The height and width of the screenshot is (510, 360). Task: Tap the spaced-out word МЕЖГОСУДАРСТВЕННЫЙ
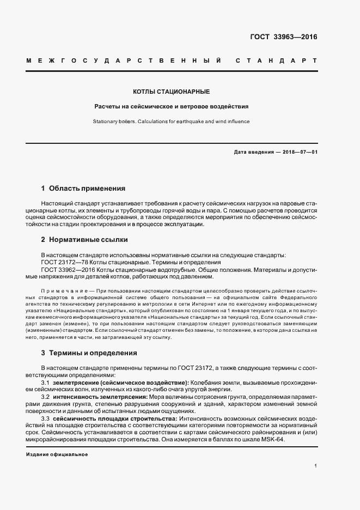tap(123, 60)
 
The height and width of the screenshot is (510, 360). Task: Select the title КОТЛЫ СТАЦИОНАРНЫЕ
tap(172, 92)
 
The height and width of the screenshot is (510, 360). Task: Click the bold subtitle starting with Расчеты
tap(172, 107)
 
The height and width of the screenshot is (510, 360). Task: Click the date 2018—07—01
tap(300, 152)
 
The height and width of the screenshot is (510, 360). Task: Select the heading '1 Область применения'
tap(83, 189)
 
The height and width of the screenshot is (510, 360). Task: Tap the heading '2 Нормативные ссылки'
tap(84, 240)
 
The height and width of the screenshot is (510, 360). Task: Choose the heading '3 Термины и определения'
tap(89, 353)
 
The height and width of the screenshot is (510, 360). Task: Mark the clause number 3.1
tap(46, 383)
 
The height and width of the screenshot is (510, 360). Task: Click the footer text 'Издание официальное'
tap(57, 454)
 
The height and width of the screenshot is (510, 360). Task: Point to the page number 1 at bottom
tap(316, 466)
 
